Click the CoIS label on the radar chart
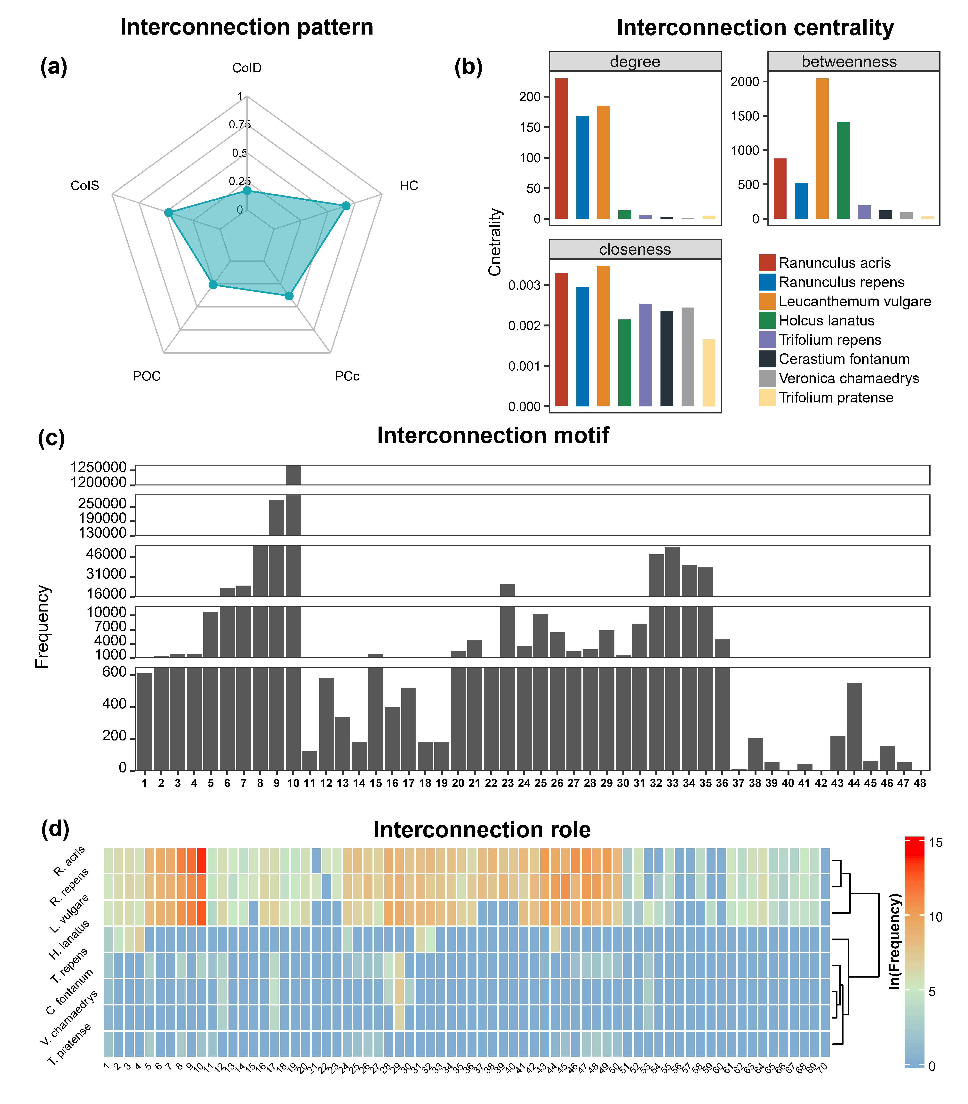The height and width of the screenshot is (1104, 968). tap(85, 186)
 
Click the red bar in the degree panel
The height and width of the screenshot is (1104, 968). tap(561, 148)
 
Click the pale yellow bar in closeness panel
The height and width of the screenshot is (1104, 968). tap(709, 373)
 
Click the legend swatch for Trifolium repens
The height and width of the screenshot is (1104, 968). tap(767, 340)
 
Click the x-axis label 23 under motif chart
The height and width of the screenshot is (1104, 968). tap(507, 783)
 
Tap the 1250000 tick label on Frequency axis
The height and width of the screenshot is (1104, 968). tap(98, 467)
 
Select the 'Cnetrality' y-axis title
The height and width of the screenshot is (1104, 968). tap(495, 242)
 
